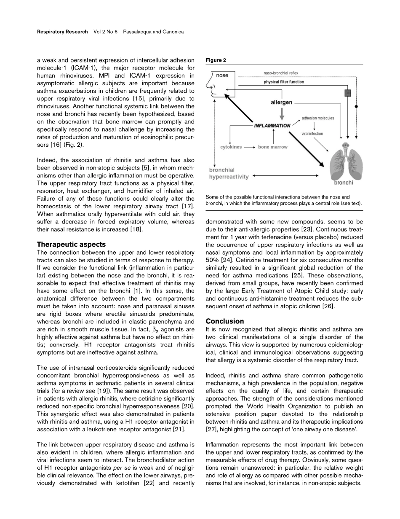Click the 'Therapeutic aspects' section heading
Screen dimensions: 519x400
pos(71,244)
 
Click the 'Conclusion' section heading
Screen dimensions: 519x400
pos(225,321)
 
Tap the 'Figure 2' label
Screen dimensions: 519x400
pos(216,60)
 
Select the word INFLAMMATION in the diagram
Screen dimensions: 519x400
pos(272,125)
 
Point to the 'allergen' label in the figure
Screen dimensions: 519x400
pos(281,102)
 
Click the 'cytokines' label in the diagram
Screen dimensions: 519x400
pos(231,147)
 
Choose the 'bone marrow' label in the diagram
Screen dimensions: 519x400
pos(273,147)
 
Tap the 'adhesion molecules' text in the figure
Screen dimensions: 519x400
pos(318,118)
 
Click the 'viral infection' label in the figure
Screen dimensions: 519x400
pos(312,134)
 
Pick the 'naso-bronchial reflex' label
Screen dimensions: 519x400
pos(281,73)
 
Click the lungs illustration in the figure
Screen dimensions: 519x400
pos(345,162)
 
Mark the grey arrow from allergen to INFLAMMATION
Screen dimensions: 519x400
pos(282,113)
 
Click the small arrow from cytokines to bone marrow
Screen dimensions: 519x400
pos(249,147)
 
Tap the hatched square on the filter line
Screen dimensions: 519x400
pos(347,92)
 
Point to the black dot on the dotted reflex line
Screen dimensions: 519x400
pos(356,107)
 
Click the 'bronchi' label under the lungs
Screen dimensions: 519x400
pos(344,183)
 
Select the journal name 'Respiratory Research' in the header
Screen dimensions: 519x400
pos(62,32)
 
